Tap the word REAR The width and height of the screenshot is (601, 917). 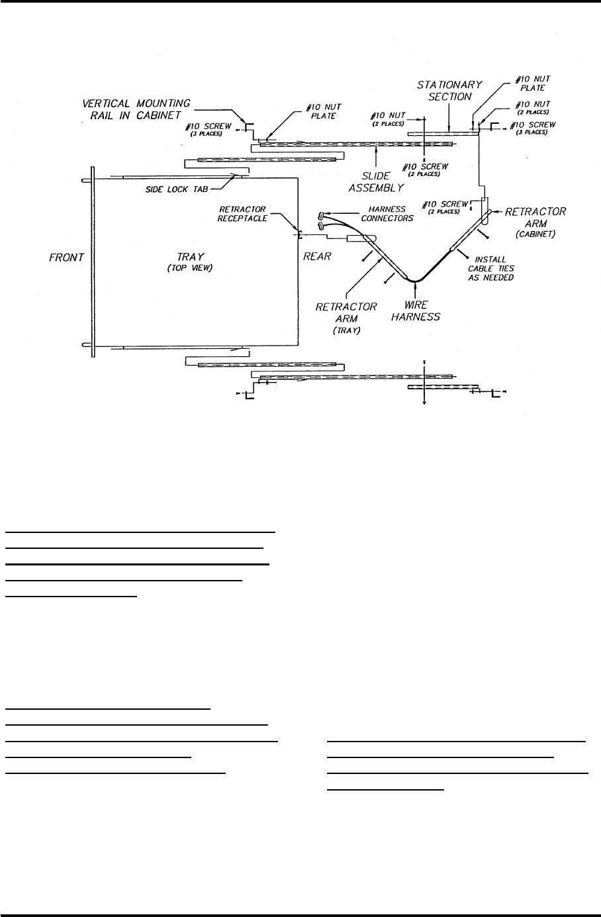tap(317, 257)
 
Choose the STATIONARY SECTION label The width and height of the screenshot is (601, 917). tap(449, 91)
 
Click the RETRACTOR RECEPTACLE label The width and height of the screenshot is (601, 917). tap(243, 213)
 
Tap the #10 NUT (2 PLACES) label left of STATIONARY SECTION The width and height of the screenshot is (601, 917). tap(388, 119)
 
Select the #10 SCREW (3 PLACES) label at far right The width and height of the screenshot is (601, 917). tap(533, 128)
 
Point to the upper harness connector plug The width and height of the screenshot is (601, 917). tap(322, 215)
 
